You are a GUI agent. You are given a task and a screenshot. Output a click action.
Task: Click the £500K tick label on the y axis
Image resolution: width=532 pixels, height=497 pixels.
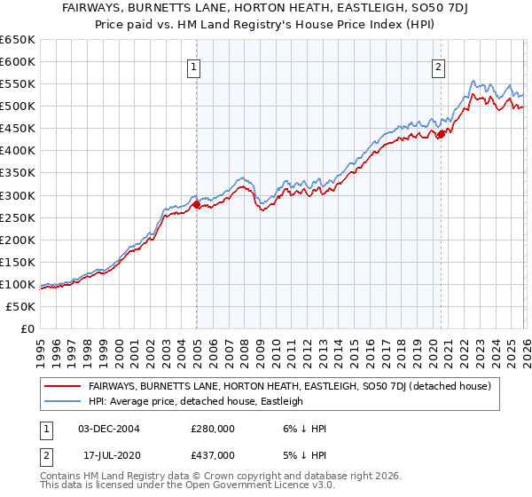coord(17,106)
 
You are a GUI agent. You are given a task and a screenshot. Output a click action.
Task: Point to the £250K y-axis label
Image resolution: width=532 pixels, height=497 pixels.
coord(17,217)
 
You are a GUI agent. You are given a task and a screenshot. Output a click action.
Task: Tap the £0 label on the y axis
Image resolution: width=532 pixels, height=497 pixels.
coord(26,328)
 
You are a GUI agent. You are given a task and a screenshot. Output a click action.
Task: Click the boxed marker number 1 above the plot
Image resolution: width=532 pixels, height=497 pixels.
coord(193,65)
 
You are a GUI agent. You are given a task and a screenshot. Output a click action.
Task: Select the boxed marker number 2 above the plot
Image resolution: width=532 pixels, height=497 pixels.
coord(438,65)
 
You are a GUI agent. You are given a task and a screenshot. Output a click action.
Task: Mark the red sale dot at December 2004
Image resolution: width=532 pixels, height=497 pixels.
coord(196,204)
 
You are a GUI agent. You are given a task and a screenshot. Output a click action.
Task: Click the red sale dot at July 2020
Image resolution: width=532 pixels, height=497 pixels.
coord(440,135)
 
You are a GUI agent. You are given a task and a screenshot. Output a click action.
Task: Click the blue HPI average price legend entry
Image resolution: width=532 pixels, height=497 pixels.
coord(196,401)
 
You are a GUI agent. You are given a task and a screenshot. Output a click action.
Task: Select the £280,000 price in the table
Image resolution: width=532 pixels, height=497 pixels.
coord(213,428)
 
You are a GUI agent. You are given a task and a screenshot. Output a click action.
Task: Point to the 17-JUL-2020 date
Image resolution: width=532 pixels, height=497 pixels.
coord(113,454)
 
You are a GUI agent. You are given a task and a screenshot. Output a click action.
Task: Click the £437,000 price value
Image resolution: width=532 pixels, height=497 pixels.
coord(213,454)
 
